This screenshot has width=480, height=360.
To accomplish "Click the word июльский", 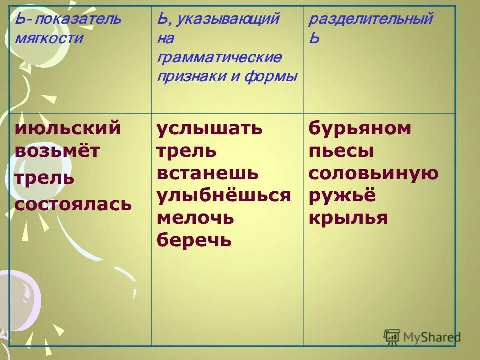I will click(x=68, y=129).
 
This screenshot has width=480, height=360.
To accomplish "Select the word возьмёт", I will click(x=57, y=151).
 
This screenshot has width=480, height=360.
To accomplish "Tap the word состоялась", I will click(x=73, y=204).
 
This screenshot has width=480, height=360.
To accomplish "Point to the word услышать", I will click(x=209, y=129).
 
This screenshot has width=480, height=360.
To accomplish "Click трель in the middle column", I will click(x=187, y=151).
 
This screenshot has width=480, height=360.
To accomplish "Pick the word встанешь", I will click(x=208, y=173).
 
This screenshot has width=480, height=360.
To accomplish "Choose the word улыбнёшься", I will click(x=224, y=196).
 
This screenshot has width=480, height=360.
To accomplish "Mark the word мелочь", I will click(x=195, y=218).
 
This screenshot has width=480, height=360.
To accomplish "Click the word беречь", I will click(x=194, y=241).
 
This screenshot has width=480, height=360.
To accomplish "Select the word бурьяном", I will click(x=360, y=129).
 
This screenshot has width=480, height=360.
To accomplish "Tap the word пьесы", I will click(x=341, y=151).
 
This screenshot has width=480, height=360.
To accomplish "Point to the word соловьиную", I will click(x=374, y=173).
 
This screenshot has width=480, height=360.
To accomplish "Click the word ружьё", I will click(x=342, y=196).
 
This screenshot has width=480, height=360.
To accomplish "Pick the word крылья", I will click(x=348, y=218).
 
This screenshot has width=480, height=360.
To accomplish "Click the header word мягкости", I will click(x=49, y=38).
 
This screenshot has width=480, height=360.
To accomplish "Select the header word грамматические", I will click(x=219, y=57).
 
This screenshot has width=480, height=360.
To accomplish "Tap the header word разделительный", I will click(x=370, y=20).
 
